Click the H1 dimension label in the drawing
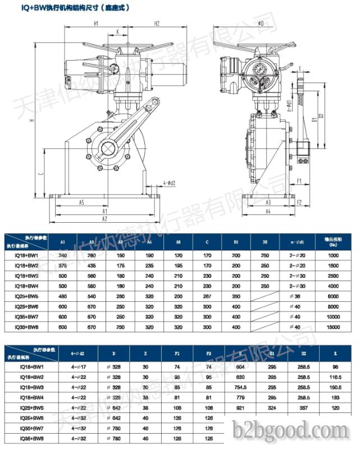(x=96, y=23)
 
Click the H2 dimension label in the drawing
(x=157, y=23)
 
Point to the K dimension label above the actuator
(x=117, y=32)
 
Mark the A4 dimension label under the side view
(x=268, y=211)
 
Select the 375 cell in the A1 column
(x=63, y=265)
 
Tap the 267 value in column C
(x=207, y=296)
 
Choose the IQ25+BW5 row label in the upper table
(x=26, y=296)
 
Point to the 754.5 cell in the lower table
(x=240, y=387)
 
